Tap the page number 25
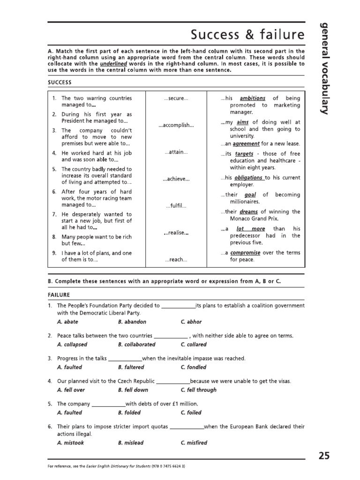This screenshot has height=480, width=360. click(x=324, y=455)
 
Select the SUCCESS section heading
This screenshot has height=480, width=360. click(x=60, y=82)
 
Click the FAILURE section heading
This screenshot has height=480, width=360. click(x=59, y=295)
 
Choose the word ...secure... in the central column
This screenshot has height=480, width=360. click(x=176, y=98)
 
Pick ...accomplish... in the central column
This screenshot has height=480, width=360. click(x=176, y=125)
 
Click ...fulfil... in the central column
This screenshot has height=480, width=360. click(x=176, y=206)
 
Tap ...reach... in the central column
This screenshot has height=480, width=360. click(x=176, y=259)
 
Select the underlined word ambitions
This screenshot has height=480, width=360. click(x=252, y=98)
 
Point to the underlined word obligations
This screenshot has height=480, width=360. click(x=248, y=178)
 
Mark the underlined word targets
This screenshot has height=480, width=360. click(x=244, y=154)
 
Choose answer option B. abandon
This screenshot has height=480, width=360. click(x=132, y=322)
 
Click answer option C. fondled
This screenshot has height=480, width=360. click(x=193, y=367)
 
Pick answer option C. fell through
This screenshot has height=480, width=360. click(x=198, y=390)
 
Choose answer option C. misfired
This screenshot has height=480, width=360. click(x=194, y=442)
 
